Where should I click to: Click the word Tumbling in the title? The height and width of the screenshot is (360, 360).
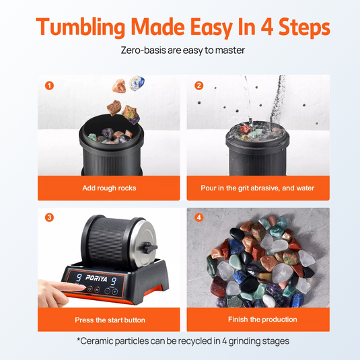pos(81,27)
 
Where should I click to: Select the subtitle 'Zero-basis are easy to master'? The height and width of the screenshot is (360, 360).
pos(180,50)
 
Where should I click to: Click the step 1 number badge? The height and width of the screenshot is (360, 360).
pos(48,85)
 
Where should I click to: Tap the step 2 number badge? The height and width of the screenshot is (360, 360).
pos(199,85)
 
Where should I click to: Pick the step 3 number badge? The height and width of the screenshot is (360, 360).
pos(48,218)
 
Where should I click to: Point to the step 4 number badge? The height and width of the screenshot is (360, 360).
pos(199,218)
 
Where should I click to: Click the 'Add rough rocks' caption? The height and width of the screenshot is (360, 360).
pos(109,188)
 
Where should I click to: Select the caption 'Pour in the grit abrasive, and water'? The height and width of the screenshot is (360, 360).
pos(258,188)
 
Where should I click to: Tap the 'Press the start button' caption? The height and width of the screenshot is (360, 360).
pos(110,320)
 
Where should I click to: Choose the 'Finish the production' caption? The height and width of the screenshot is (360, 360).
pos(258,320)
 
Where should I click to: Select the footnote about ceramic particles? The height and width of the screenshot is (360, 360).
pos(180,341)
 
